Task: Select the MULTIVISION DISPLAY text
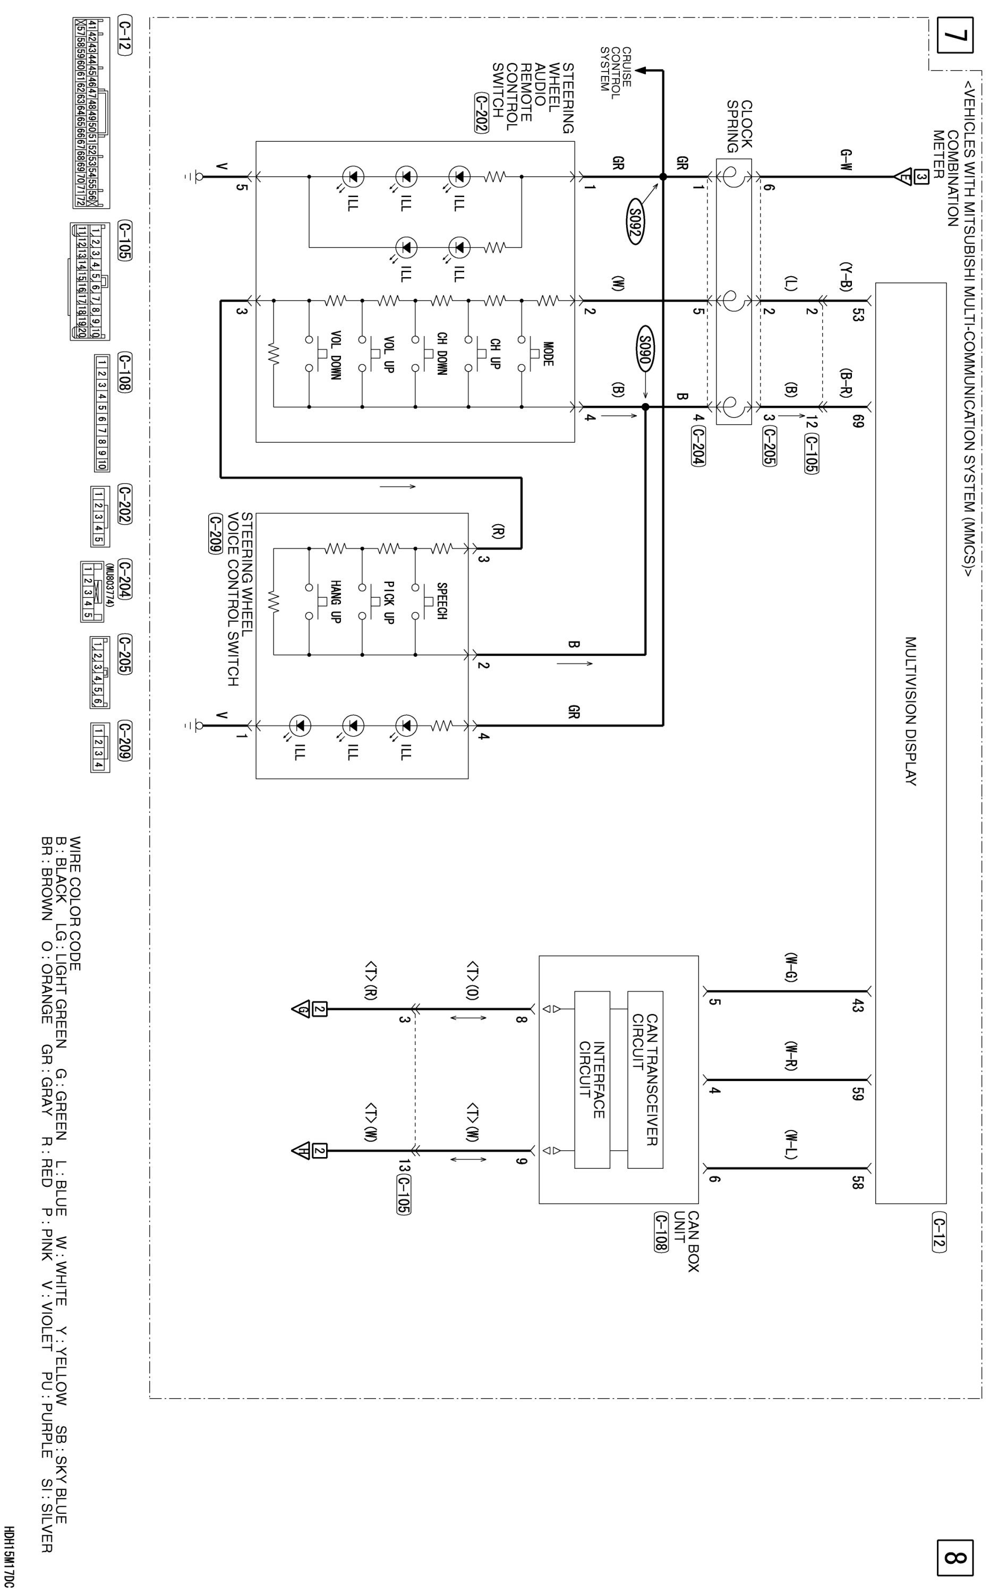[910, 710]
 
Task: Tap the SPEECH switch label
[441, 601]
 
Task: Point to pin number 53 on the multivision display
[858, 314]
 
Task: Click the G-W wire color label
[846, 160]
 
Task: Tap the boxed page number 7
[954, 36]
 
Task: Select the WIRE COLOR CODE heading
[75, 903]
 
